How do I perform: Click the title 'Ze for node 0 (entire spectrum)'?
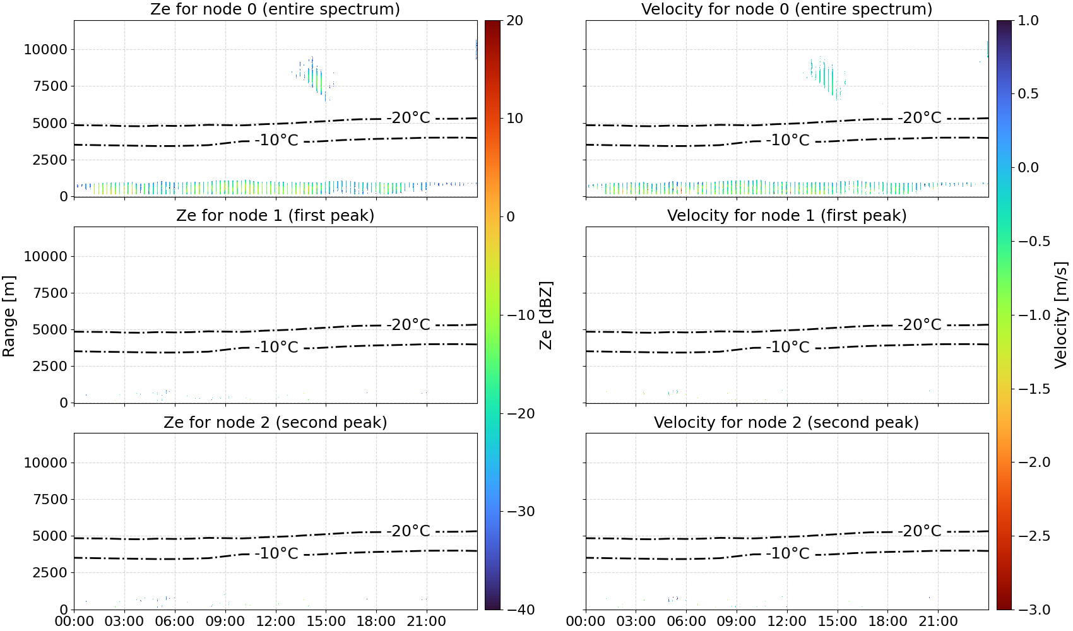tap(275, 9)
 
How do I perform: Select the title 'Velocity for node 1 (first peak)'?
tap(787, 215)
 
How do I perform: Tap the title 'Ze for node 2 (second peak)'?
tap(275, 422)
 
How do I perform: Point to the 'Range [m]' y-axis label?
tap(9, 316)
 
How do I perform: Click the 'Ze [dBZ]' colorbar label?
tap(545, 315)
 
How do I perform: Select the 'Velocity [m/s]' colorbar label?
tap(1061, 315)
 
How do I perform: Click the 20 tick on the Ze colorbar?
tap(515, 21)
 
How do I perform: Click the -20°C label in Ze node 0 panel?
tap(408, 118)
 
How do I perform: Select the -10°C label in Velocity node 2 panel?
tap(788, 553)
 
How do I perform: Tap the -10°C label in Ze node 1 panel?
tap(276, 346)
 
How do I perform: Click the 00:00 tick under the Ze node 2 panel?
tap(74, 622)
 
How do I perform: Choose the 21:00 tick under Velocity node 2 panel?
tap(938, 622)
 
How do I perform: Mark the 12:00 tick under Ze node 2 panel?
tap(275, 622)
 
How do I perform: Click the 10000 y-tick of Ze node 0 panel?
tap(45, 49)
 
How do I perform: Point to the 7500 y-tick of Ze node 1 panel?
tap(50, 293)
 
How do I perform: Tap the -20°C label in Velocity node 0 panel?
tap(920, 118)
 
